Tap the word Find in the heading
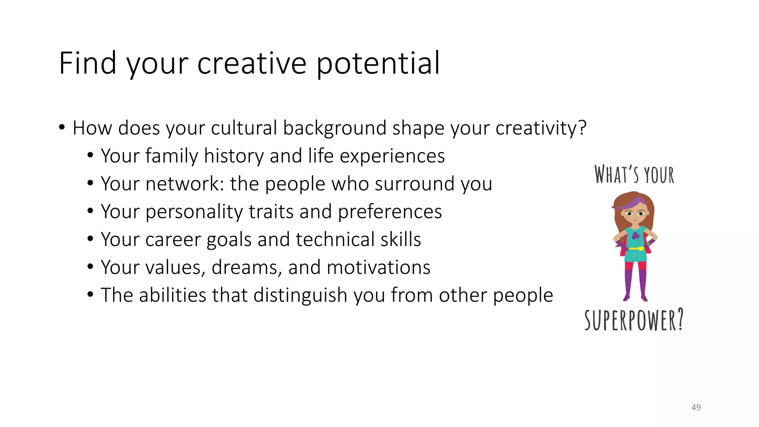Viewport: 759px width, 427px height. click(x=87, y=63)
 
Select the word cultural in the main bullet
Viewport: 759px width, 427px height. click(x=244, y=128)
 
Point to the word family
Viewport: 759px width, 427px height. click(x=172, y=156)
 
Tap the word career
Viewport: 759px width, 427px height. click(x=173, y=240)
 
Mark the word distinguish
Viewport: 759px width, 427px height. click(x=300, y=295)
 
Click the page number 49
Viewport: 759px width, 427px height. click(x=696, y=407)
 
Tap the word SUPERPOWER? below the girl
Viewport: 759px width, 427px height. click(x=634, y=320)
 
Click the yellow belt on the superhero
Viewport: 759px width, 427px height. click(x=635, y=248)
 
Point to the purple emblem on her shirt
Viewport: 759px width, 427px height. click(x=636, y=236)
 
